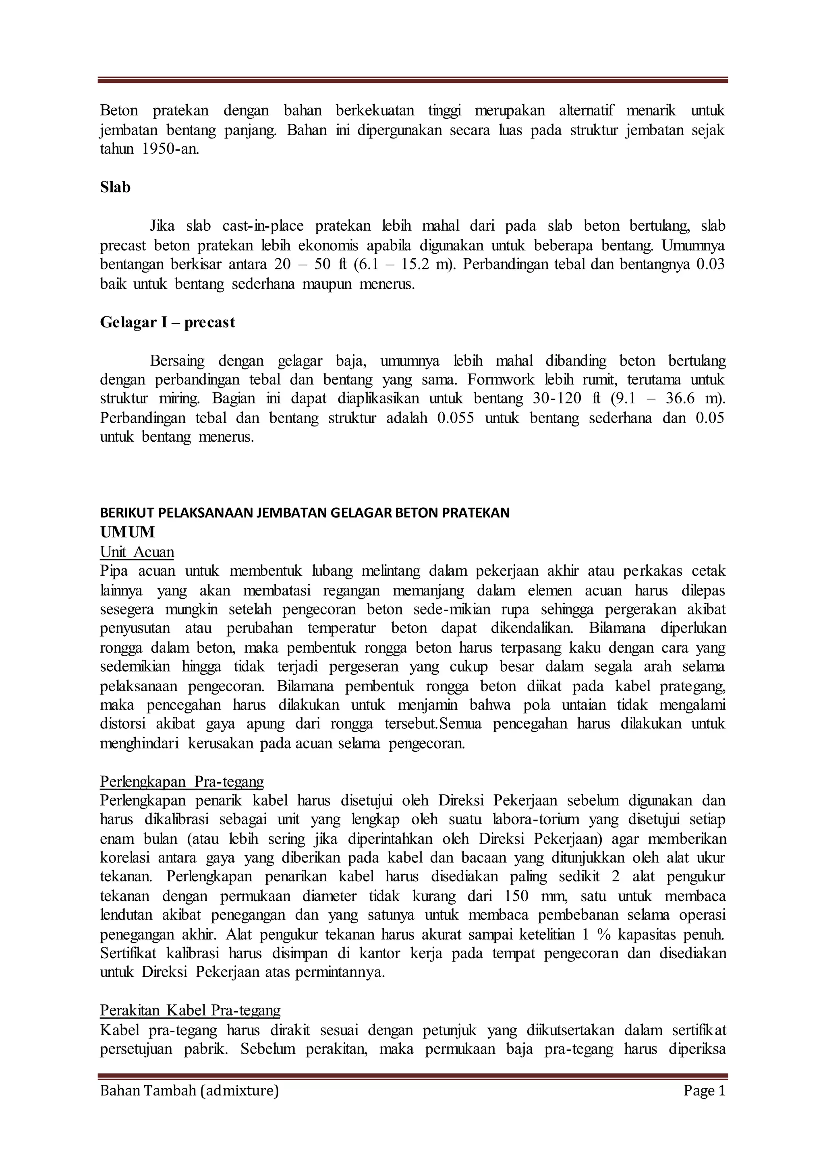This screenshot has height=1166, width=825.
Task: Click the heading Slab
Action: [x=115, y=187]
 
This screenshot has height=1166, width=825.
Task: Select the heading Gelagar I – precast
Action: [x=168, y=323]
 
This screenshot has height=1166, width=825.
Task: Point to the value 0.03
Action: [x=711, y=265]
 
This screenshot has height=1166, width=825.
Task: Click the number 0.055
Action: [x=456, y=418]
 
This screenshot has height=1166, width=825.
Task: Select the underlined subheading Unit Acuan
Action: [x=137, y=552]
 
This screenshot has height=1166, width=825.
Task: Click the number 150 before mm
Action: [x=517, y=896]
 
